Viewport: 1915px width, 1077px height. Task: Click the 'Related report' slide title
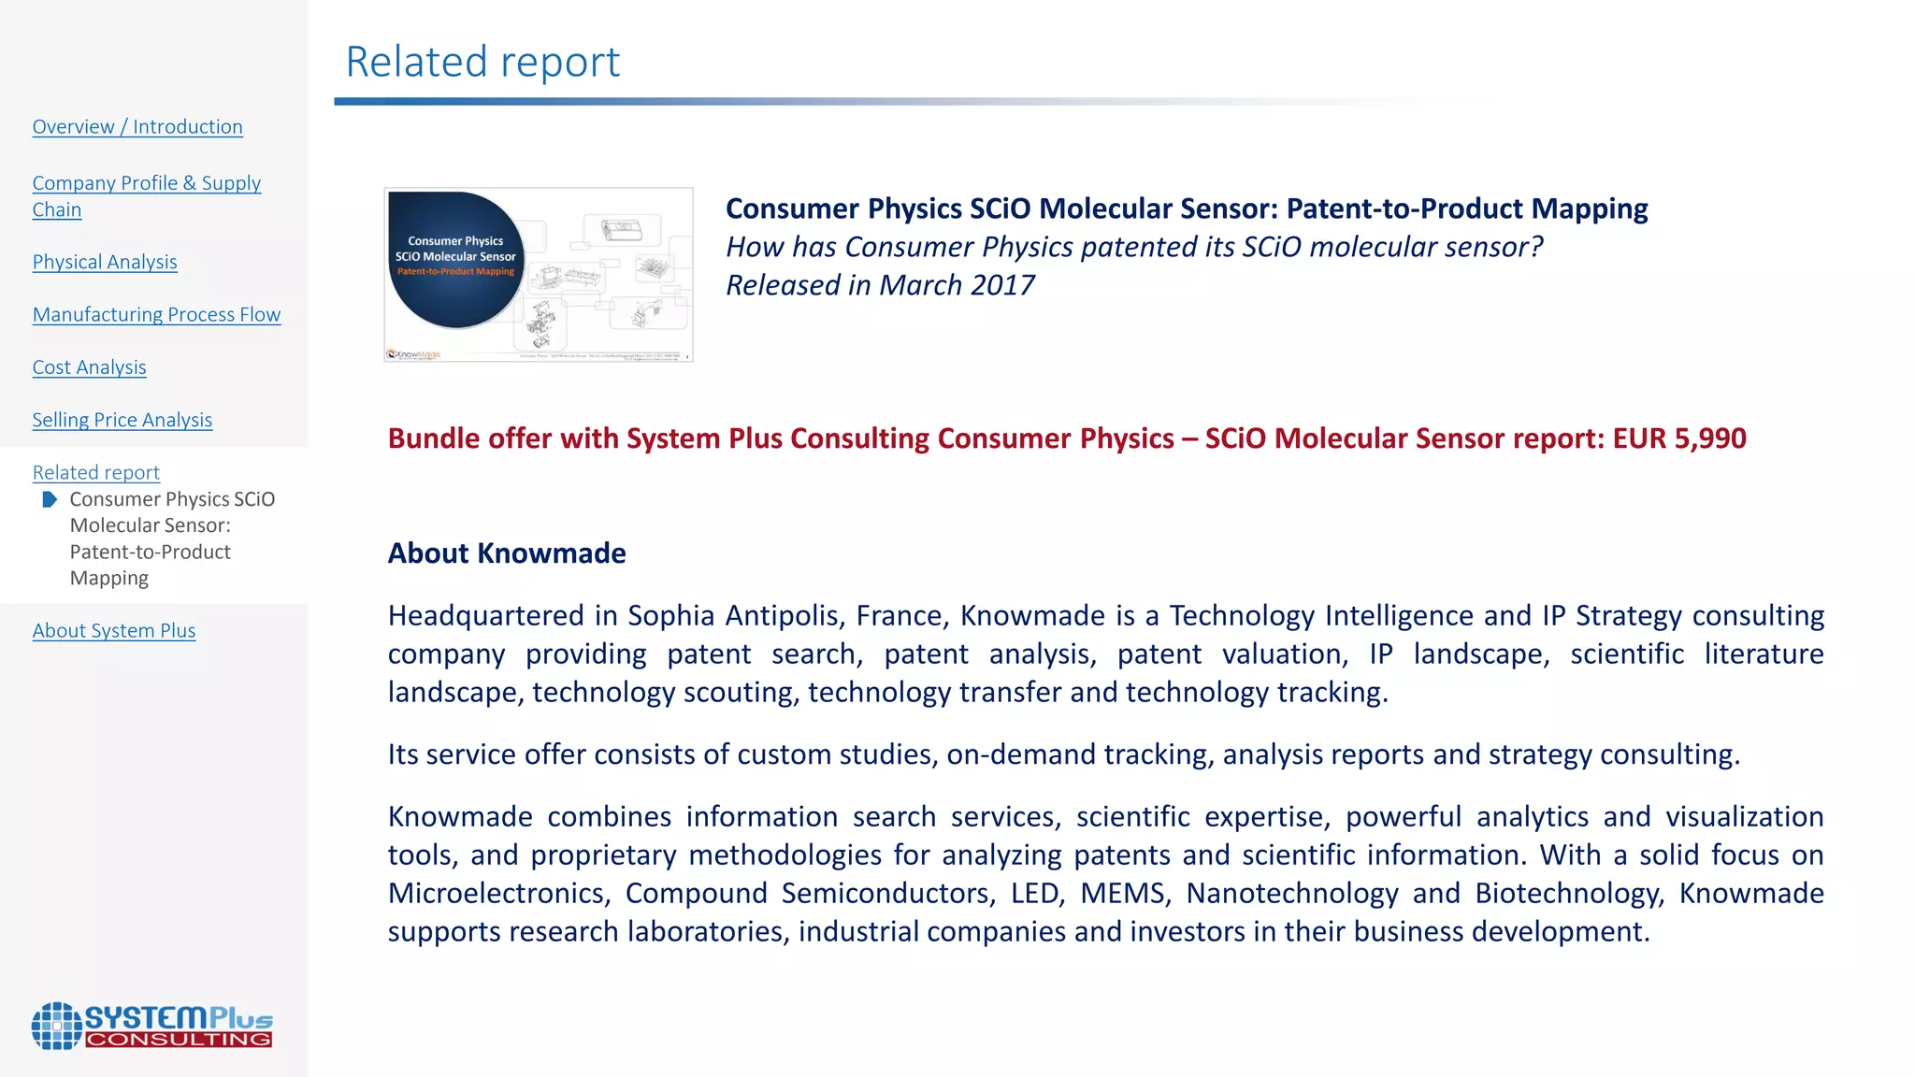(482, 63)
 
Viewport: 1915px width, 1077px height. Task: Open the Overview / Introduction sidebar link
(137, 127)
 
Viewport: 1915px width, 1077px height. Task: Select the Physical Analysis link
(105, 263)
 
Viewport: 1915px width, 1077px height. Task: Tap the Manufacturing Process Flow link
(156, 315)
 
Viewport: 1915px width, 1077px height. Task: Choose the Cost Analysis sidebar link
(89, 367)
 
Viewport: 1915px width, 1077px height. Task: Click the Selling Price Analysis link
(122, 421)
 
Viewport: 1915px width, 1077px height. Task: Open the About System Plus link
(114, 631)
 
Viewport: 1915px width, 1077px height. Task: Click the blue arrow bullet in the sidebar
(50, 500)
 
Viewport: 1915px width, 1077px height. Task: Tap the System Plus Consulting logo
(151, 1026)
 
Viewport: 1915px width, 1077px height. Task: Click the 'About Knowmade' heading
(507, 553)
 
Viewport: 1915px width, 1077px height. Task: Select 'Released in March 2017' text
(880, 285)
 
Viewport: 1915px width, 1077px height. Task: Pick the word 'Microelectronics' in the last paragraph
(498, 894)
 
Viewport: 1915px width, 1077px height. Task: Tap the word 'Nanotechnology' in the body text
(1292, 894)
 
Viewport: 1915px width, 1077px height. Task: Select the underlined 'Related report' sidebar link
(96, 473)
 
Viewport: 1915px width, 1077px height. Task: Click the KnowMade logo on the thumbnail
(413, 354)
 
